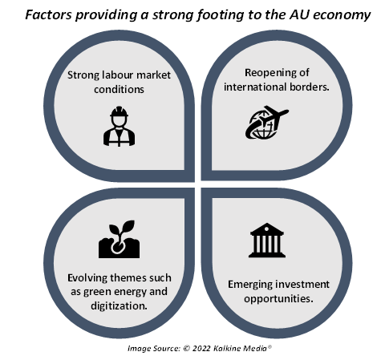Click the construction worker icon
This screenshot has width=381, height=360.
coord(120,127)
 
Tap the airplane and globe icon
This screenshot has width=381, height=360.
coord(267,123)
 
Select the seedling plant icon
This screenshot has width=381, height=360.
coord(120,239)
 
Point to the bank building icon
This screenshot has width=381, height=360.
coord(267,240)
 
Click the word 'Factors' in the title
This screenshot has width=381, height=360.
coord(48,14)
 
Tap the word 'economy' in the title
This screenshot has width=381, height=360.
coord(342,15)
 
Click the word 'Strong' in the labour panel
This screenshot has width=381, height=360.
coord(83,75)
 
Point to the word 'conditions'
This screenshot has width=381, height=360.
coord(119,89)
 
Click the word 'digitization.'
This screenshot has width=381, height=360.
coord(119,305)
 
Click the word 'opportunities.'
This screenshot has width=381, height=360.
coord(278,299)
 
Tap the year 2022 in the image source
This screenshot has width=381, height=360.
coord(201,349)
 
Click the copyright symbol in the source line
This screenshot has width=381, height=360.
coord(187,349)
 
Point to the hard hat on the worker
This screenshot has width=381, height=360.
coord(120,111)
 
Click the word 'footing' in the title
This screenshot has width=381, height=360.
coord(221,15)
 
